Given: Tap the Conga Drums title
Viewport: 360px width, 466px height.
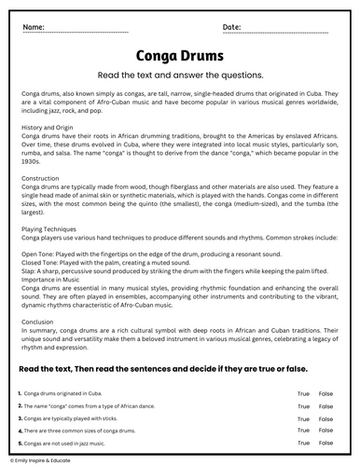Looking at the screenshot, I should [179, 56].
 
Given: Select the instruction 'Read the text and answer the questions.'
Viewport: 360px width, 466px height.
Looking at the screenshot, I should [179, 75].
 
